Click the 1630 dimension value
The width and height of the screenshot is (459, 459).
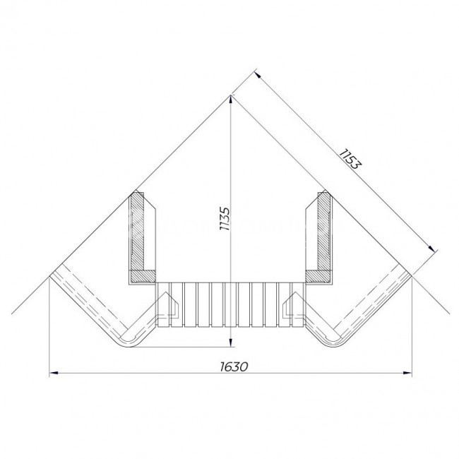[x=234, y=366]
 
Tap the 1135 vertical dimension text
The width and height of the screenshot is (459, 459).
[x=225, y=219]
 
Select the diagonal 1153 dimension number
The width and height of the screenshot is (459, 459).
[x=350, y=159]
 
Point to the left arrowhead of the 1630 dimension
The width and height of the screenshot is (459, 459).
[x=54, y=373]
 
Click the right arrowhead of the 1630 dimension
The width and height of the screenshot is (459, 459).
[x=407, y=373]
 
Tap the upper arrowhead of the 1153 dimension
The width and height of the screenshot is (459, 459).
[x=258, y=75]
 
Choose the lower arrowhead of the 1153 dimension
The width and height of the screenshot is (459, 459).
[x=431, y=249]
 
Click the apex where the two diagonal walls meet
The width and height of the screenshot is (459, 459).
[x=231, y=95]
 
